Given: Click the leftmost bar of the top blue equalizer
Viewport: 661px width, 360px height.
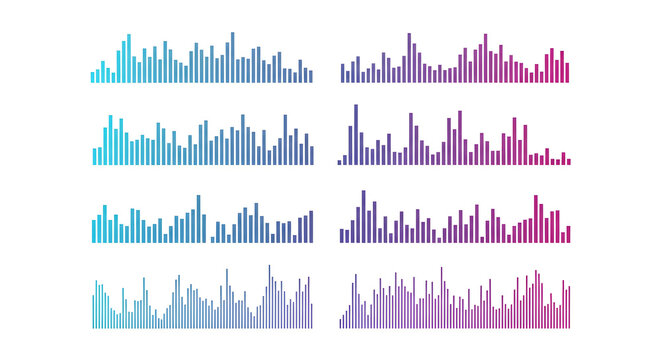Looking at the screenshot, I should coord(93,76).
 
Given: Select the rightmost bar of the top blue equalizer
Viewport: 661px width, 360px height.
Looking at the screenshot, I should coord(310,76).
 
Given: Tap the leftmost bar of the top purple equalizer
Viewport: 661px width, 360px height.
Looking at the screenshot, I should coord(342,73).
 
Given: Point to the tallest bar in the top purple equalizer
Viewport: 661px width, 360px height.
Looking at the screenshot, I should coord(408,58).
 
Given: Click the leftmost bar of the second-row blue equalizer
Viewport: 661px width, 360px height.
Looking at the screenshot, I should coord(95,156).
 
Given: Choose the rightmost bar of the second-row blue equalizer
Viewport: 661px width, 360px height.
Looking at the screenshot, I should coord(311,151).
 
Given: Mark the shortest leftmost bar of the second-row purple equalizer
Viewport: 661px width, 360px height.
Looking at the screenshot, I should coord(339,161).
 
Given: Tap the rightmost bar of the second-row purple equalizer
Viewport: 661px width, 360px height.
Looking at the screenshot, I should coord(568,161).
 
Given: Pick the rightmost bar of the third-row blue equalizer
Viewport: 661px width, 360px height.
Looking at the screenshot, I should coord(311,227).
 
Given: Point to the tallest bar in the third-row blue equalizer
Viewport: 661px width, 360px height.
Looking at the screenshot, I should coord(198,219).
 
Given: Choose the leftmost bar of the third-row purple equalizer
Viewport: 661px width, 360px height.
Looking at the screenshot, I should coord(342,236).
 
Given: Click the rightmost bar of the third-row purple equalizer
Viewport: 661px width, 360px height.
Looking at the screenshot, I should coord(568,234).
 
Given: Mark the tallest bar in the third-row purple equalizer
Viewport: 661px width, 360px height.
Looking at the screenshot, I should coord(363,217).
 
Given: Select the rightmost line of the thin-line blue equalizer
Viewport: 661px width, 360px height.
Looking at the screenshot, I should coord(312,316).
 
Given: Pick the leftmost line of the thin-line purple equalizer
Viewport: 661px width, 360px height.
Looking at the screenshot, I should coord(341,323).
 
